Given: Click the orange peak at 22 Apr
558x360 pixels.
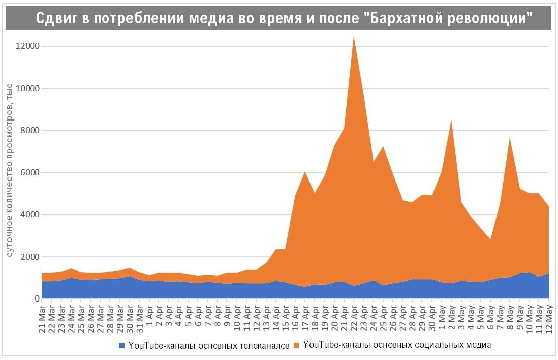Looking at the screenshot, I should click(x=354, y=37).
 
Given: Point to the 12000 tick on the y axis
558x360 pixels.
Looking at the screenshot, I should click(x=28, y=46).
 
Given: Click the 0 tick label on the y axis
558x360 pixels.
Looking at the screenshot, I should click(x=37, y=299).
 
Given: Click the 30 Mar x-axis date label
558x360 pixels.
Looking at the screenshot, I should click(x=129, y=318).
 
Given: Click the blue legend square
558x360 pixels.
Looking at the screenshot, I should click(x=121, y=346).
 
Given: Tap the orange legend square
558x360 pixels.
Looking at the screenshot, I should click(x=297, y=346).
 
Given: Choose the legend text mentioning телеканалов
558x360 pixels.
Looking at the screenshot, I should click(x=209, y=346).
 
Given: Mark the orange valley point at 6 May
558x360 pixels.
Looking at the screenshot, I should click(x=490, y=239).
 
